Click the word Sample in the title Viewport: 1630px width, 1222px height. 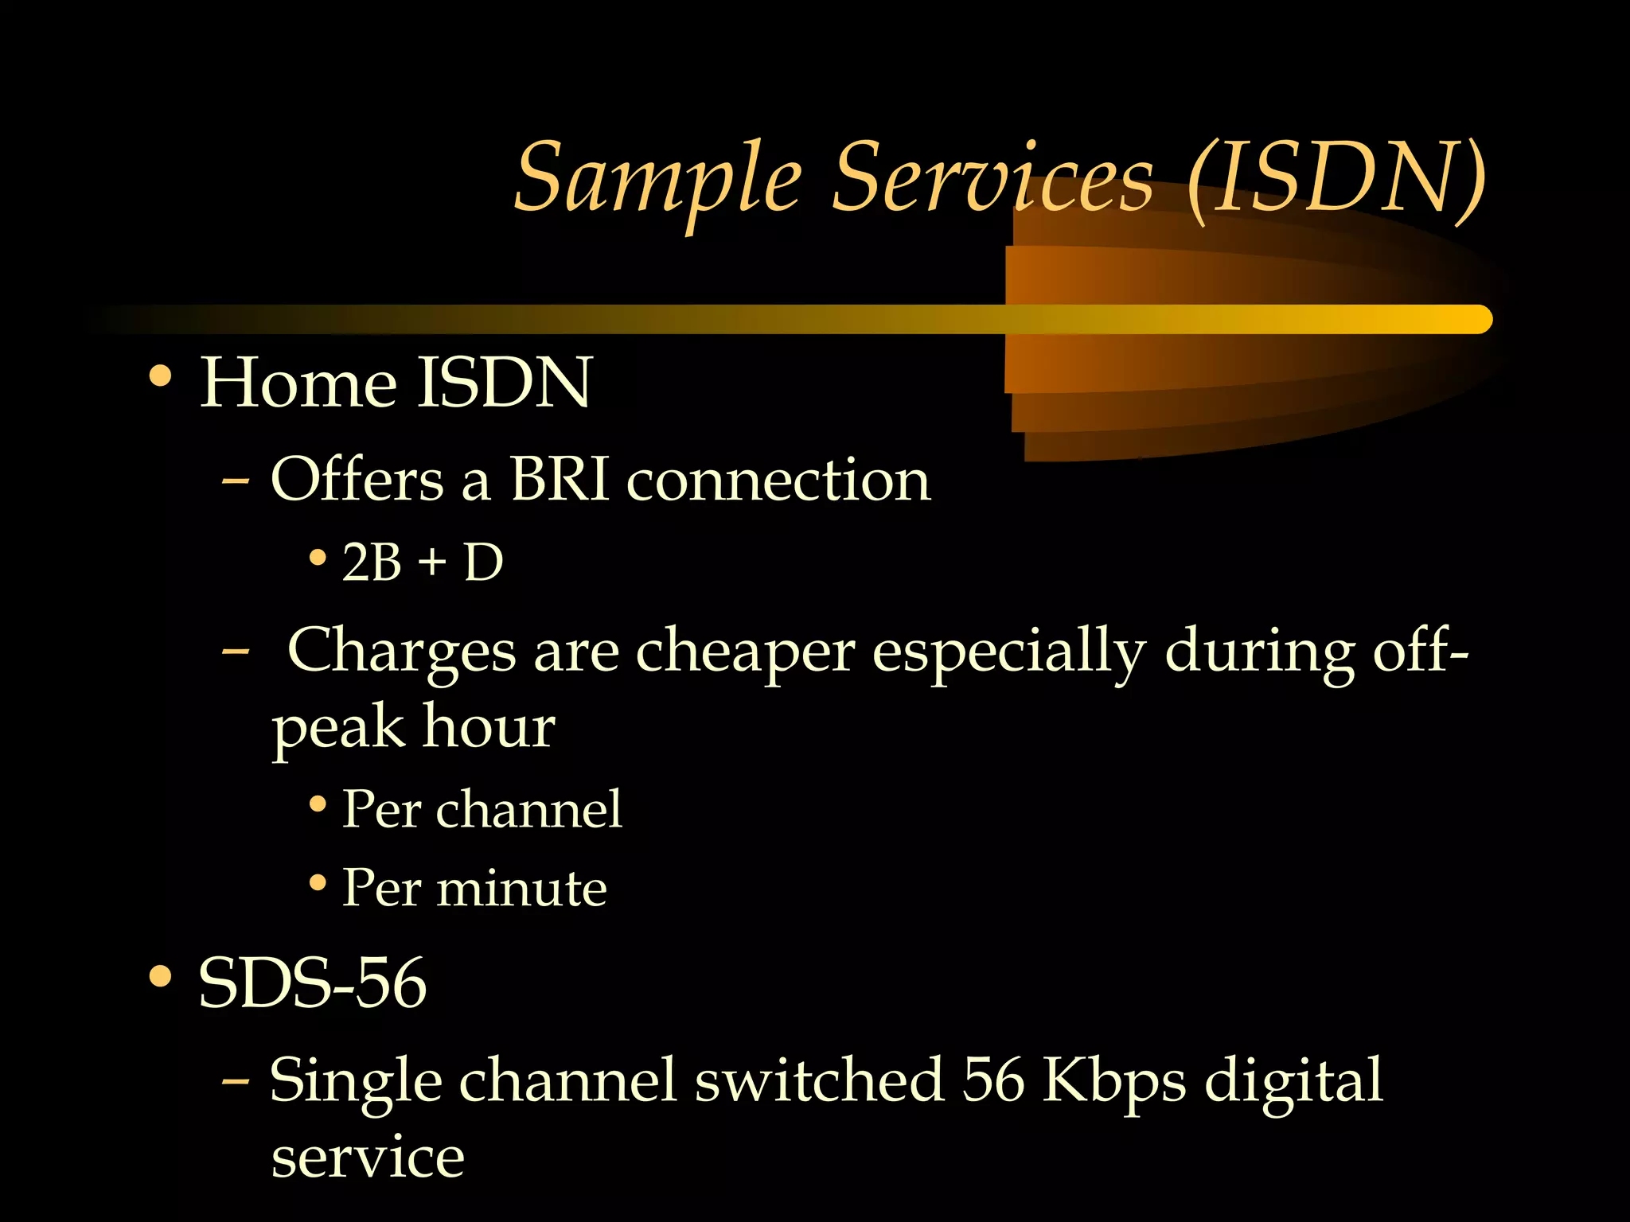(657, 179)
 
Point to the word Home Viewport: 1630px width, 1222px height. (298, 383)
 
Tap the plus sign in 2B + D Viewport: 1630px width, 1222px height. (431, 562)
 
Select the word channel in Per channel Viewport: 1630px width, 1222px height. (528, 809)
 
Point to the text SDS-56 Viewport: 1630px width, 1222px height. (312, 983)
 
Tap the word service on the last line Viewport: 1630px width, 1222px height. (368, 1158)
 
